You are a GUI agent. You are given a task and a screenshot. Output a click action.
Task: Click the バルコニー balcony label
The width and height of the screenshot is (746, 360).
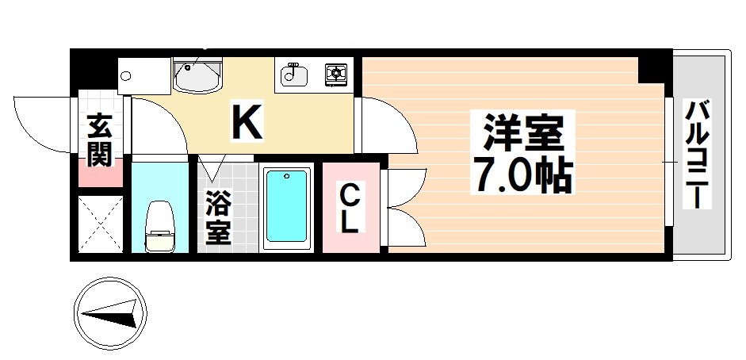(x=698, y=154)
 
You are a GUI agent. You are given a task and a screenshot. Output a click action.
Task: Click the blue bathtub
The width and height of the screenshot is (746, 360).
(x=286, y=205)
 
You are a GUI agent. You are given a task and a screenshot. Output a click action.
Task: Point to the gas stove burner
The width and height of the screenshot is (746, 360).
(x=337, y=75)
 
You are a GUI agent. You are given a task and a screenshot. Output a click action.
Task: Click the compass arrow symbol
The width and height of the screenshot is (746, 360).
(x=110, y=312)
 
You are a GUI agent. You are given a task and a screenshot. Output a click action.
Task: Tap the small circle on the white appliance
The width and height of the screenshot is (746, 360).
(x=125, y=77)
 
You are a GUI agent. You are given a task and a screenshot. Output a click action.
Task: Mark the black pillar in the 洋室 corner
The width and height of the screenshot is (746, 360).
(x=654, y=68)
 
